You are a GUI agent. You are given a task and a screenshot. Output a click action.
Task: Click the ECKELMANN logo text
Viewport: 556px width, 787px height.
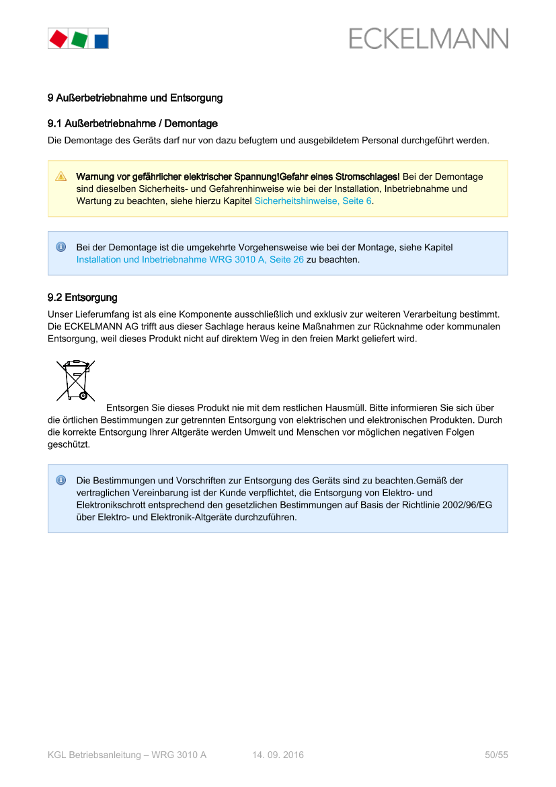point(428,38)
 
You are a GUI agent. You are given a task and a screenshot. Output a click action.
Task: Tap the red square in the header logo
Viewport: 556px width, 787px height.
point(58,38)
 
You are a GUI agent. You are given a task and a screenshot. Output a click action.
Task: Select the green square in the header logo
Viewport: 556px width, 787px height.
point(79,39)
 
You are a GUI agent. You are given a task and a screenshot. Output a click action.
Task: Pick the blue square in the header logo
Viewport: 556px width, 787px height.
point(100,40)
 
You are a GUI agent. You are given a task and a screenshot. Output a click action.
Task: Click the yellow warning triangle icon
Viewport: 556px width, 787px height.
point(61,177)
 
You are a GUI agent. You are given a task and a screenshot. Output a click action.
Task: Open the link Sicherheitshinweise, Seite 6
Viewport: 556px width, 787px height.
point(313,201)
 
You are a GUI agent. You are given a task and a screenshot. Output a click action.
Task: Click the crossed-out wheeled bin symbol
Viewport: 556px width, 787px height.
point(75,378)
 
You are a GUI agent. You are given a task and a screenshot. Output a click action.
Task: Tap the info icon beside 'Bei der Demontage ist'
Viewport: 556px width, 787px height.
point(61,247)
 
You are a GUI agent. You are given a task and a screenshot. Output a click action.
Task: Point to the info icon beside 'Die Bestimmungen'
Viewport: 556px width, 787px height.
point(61,481)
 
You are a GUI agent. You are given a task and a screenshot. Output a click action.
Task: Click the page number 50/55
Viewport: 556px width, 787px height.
point(496,755)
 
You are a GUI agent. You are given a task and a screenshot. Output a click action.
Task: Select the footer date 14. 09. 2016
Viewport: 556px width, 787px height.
point(278,755)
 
